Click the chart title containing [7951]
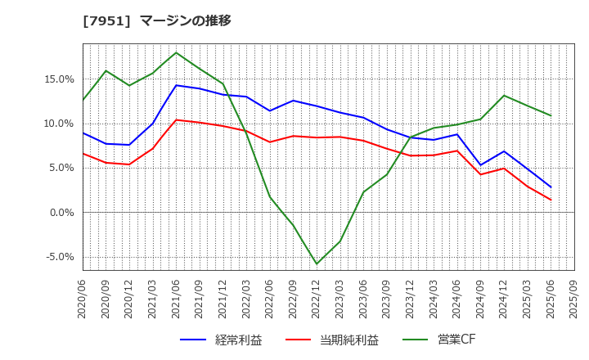[x=157, y=20]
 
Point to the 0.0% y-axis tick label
[x=61, y=213]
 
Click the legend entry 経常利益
[x=221, y=340]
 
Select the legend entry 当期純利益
[x=332, y=340]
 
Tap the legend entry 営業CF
[x=438, y=340]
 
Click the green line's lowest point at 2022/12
[x=317, y=263]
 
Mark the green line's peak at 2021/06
[x=176, y=52]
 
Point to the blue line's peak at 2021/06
[x=176, y=85]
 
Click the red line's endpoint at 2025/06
[x=551, y=200]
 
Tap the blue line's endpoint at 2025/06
[x=551, y=187]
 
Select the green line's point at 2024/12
[x=504, y=96]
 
